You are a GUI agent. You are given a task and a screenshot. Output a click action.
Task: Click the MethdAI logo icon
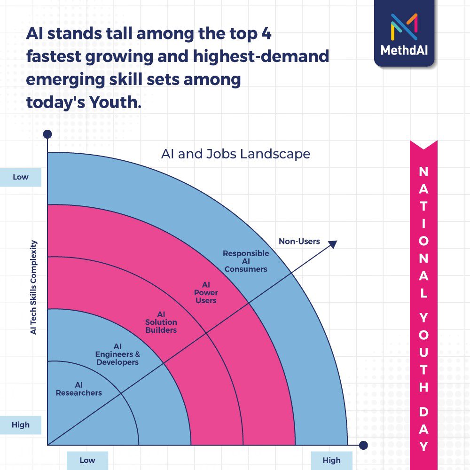pyautogui.click(x=404, y=27)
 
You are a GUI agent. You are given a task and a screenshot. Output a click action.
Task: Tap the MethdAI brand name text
pyautogui.click(x=404, y=50)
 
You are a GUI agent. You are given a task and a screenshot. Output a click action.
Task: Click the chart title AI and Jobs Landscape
pyautogui.click(x=235, y=154)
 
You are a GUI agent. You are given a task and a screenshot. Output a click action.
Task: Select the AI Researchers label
pyautogui.click(x=79, y=389)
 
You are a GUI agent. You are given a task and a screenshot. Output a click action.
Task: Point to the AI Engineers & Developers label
pyautogui.click(x=117, y=354)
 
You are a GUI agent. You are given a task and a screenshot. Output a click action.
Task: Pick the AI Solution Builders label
pyautogui.click(x=161, y=322)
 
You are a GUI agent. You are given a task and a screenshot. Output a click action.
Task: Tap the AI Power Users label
pyautogui.click(x=206, y=292)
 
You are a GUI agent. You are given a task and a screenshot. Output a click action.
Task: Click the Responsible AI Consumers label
pyautogui.click(x=246, y=261)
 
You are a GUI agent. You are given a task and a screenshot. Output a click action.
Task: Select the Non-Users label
pyautogui.click(x=299, y=241)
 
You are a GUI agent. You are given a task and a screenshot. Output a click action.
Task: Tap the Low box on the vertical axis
pyautogui.click(x=20, y=177)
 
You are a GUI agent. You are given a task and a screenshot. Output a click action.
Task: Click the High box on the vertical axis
pyautogui.click(x=20, y=425)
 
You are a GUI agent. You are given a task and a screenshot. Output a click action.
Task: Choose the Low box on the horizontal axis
pyautogui.click(x=87, y=461)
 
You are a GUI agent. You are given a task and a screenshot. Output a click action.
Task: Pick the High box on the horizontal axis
pyautogui.click(x=331, y=461)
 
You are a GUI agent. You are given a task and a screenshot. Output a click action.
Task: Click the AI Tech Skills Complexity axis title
pyautogui.click(x=33, y=288)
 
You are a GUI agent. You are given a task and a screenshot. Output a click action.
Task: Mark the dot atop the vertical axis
pyautogui.click(x=47, y=134)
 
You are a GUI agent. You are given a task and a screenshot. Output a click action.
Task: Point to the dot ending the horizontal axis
pyautogui.click(x=363, y=445)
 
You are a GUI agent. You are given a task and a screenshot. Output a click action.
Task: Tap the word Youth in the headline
pyautogui.click(x=115, y=102)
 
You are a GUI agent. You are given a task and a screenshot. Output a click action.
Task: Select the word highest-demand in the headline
pyautogui.click(x=261, y=57)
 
